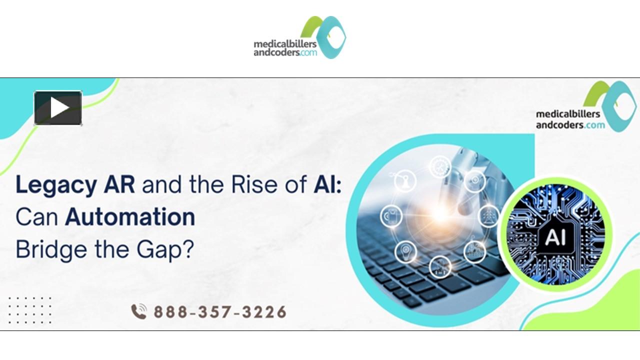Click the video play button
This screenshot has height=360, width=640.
click(58, 108)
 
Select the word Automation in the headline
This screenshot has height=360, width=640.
click(130, 217)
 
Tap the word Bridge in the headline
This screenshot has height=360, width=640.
click(44, 248)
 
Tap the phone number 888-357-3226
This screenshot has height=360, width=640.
click(220, 312)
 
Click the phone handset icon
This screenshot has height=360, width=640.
click(139, 312)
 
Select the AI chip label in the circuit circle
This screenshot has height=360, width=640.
click(555, 236)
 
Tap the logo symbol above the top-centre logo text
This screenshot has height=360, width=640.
click(323, 35)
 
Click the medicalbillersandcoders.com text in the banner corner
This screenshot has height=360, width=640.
click(570, 119)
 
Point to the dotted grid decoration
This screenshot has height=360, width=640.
click(30, 309)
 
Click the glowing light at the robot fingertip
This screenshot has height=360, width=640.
click(440, 214)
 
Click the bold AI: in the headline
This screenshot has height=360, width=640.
click(328, 185)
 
